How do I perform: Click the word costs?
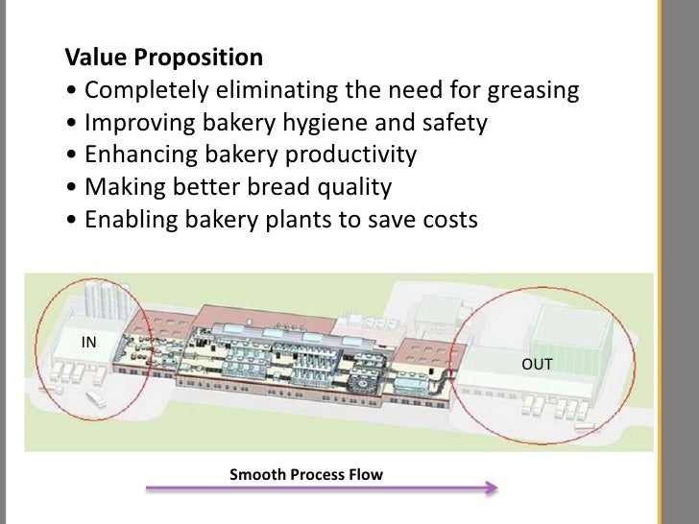[x=445, y=219]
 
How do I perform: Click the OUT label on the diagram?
[x=536, y=365]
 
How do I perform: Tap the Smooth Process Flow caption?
[x=305, y=475]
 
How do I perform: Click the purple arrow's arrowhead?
[x=491, y=488]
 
